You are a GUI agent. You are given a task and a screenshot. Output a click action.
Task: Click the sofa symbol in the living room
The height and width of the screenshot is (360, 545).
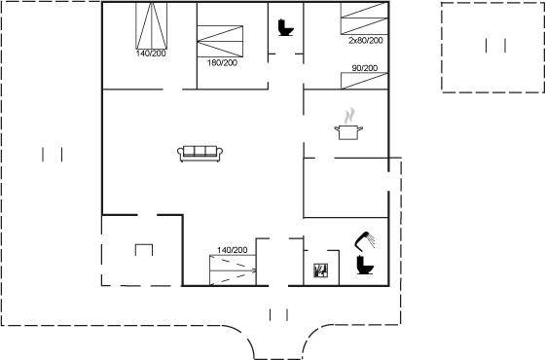[200, 154]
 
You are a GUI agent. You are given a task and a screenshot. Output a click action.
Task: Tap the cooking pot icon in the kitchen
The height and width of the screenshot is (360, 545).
[348, 132]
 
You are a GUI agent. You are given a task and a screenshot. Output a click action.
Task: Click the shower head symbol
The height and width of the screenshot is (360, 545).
[365, 240]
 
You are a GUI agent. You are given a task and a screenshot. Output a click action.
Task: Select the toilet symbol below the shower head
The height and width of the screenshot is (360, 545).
[365, 265]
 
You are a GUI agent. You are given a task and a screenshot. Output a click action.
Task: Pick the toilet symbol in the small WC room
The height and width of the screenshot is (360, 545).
[286, 28]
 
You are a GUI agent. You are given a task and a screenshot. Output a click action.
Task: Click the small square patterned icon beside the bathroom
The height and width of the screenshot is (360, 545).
[320, 270]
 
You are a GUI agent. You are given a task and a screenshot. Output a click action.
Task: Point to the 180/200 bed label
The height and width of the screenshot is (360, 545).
[222, 63]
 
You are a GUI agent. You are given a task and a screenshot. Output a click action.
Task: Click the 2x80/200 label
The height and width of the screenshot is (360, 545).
[366, 40]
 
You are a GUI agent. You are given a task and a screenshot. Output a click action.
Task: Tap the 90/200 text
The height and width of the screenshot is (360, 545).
[365, 68]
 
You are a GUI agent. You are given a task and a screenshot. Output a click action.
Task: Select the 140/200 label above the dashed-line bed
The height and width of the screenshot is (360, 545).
[233, 250]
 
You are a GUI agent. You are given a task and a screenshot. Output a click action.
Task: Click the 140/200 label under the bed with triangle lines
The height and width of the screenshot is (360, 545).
[151, 54]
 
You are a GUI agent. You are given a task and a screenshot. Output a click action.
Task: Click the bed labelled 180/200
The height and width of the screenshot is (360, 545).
[220, 41]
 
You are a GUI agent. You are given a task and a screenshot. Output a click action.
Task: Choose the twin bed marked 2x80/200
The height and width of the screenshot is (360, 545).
[364, 18]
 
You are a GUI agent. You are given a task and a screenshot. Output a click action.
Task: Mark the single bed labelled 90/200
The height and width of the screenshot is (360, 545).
[364, 81]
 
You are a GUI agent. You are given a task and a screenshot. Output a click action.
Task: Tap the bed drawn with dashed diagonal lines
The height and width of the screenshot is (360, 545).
[233, 270]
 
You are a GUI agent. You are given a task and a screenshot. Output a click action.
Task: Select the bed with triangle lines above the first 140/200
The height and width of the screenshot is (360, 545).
[151, 25]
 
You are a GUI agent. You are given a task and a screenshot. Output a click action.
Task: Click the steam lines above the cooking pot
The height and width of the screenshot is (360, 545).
[349, 116]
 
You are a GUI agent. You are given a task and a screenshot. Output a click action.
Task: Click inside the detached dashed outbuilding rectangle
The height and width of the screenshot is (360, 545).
[492, 48]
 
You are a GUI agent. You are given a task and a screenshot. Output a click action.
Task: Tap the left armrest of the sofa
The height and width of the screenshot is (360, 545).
[180, 155]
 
